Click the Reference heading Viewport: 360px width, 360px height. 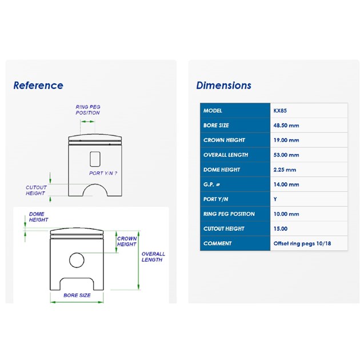[x=38, y=85]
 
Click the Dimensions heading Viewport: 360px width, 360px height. [x=223, y=85]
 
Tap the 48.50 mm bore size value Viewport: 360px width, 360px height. [x=286, y=125]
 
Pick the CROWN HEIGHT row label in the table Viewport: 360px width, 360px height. [x=224, y=140]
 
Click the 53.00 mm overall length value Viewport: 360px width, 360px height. [x=286, y=155]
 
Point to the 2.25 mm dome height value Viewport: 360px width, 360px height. [x=285, y=170]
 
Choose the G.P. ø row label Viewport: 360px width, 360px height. [x=211, y=185]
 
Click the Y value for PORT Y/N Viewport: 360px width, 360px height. [x=275, y=199]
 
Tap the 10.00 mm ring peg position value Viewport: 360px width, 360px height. [x=286, y=214]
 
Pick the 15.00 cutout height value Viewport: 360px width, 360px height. [x=281, y=229]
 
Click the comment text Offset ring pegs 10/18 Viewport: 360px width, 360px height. [x=302, y=243]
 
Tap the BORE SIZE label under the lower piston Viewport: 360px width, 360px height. [x=77, y=295]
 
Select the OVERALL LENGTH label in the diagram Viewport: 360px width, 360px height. [x=153, y=257]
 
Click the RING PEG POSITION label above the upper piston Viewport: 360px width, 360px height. [x=88, y=110]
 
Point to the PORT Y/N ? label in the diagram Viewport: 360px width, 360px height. [x=103, y=173]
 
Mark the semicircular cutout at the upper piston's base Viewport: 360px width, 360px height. [x=95, y=184]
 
